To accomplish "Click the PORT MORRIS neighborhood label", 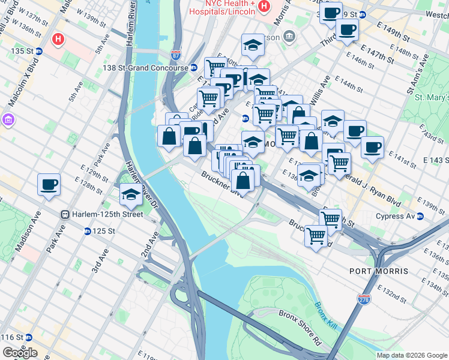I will (x=384, y=271).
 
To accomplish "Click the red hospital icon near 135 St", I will (x=58, y=40).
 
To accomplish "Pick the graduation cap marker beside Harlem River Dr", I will (x=130, y=194).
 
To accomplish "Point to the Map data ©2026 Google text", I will (x=412, y=355).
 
